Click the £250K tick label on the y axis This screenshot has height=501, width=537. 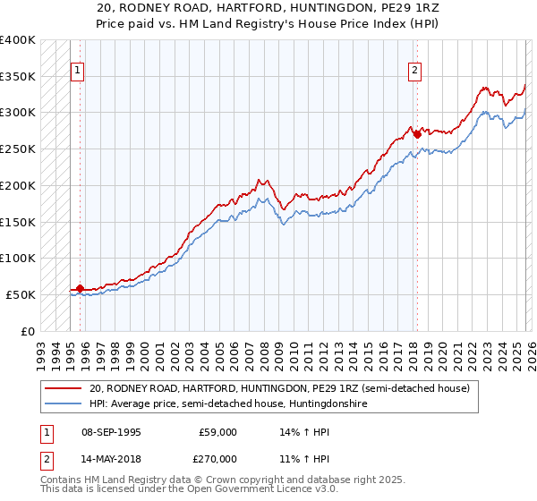pos(18,149)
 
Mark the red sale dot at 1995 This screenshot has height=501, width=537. pos(81,288)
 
